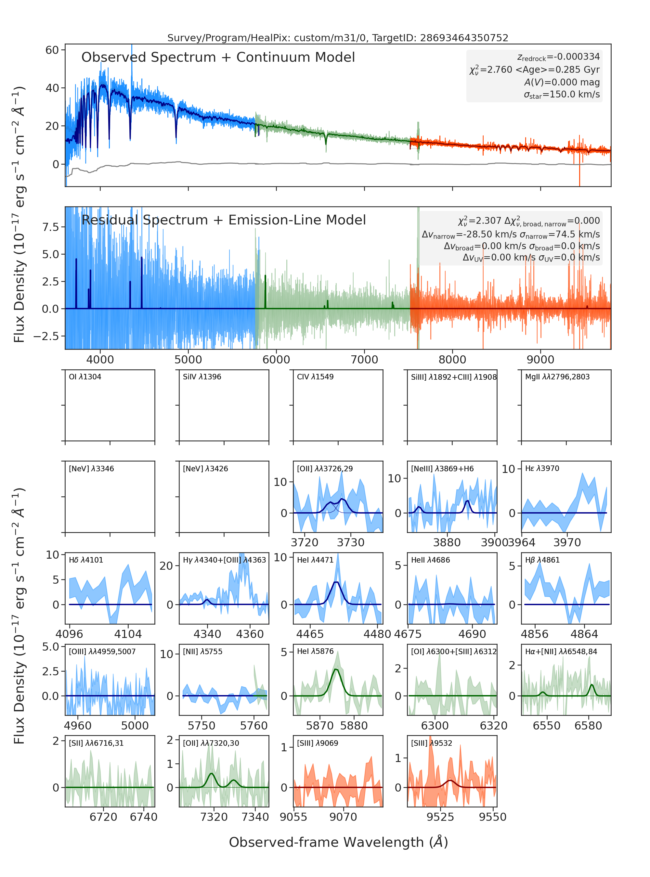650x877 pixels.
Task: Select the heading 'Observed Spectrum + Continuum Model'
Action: (x=218, y=57)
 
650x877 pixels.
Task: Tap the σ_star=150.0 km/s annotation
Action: (x=562, y=95)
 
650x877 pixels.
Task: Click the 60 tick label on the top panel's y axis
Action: (x=52, y=50)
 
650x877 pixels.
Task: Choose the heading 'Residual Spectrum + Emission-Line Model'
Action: (x=224, y=220)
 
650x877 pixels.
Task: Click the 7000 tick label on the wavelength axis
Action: (x=364, y=360)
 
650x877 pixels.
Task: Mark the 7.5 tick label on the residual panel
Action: (x=50, y=227)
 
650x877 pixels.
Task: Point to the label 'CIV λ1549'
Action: (x=315, y=377)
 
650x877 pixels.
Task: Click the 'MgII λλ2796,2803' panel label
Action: (x=557, y=377)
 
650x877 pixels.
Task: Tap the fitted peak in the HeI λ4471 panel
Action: (x=336, y=582)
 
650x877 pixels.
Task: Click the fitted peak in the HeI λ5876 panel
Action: (x=336, y=669)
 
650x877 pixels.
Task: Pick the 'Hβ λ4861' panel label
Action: (x=542, y=560)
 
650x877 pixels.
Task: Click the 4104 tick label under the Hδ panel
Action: (x=128, y=634)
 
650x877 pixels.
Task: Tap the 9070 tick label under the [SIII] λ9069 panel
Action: (x=343, y=817)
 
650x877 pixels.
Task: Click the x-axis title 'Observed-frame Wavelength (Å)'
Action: (x=338, y=842)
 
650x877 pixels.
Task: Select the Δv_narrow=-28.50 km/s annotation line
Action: (x=511, y=235)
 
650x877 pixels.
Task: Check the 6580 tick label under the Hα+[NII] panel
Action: (x=588, y=726)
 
